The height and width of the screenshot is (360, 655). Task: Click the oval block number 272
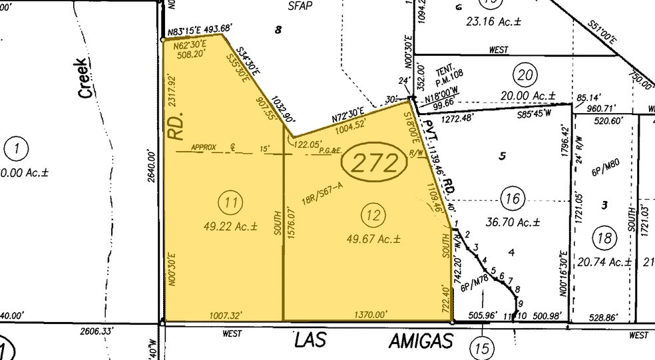[x=373, y=162]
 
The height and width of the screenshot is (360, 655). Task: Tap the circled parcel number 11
[x=230, y=202]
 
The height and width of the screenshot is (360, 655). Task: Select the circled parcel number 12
[x=371, y=214]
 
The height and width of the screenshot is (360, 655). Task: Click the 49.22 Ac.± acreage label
[x=230, y=226]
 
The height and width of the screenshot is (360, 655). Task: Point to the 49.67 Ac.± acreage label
[x=372, y=238]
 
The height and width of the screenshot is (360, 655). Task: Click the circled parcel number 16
[x=512, y=198]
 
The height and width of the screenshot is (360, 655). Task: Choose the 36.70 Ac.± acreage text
[x=512, y=222]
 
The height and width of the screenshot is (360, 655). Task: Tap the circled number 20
[x=526, y=75]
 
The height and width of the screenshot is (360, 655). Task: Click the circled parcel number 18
[x=604, y=238]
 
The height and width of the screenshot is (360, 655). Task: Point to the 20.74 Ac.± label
[x=604, y=262]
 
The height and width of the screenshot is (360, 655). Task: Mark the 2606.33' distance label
[x=97, y=330]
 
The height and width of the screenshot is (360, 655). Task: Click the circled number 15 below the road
[x=481, y=346]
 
